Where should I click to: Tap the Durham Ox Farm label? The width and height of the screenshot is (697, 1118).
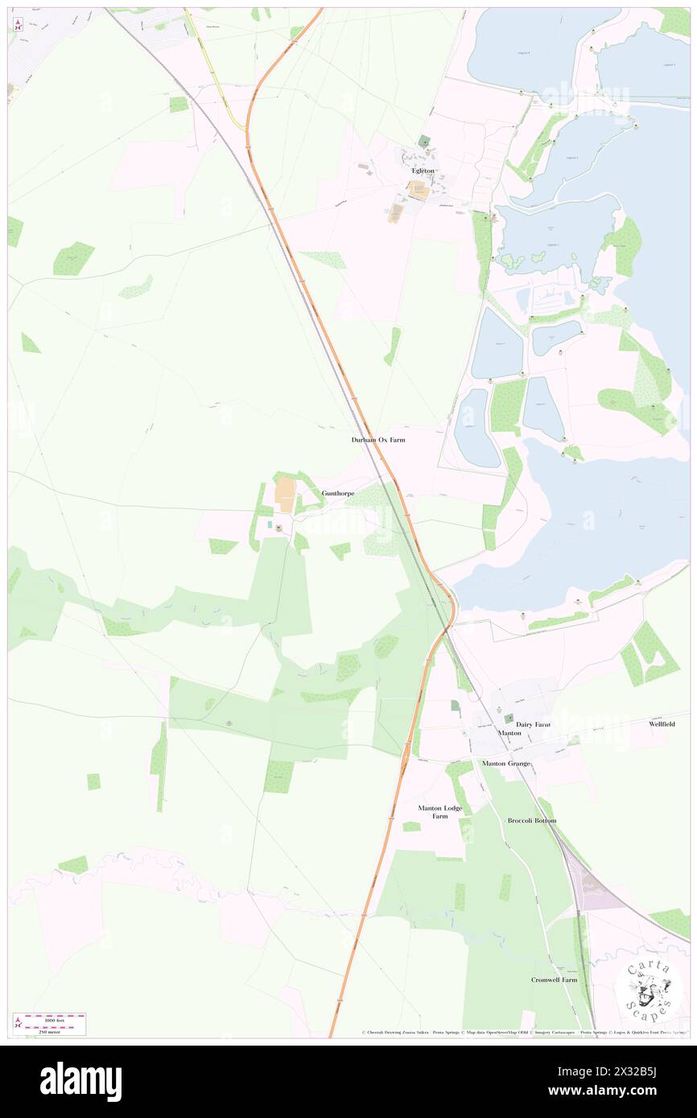tap(377, 440)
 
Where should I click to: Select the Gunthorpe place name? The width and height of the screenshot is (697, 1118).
tap(337, 492)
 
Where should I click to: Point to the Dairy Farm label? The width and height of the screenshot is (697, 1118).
tap(533, 725)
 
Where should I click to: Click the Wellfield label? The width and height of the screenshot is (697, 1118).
tap(662, 724)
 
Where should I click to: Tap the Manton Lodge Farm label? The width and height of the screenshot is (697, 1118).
tap(439, 812)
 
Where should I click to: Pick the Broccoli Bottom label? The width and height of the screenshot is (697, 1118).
tap(531, 820)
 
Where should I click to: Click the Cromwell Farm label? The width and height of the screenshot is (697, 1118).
tap(554, 980)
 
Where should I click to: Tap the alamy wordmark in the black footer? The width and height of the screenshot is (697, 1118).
tap(80, 1082)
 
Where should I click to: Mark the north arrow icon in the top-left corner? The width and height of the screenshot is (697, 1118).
tap(17, 24)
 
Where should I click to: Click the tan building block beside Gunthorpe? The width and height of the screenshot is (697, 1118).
tap(285, 492)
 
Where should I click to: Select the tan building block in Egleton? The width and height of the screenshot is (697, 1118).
tap(418, 191)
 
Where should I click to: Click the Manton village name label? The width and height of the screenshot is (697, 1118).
tap(509, 734)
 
